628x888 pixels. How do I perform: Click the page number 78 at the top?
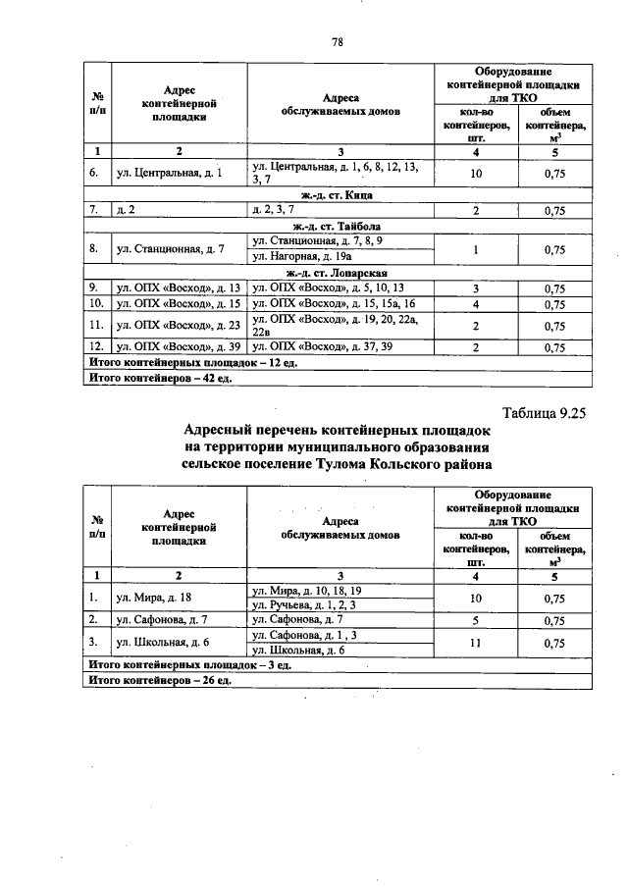click(337, 41)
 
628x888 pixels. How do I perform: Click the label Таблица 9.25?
click(543, 413)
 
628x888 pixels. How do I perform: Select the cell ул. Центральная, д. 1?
click(170, 174)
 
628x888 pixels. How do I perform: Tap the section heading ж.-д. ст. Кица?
click(337, 195)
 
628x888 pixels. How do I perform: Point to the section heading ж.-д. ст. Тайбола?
click(337, 227)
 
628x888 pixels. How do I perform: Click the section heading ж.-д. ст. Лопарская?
click(337, 273)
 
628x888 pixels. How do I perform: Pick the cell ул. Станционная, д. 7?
click(171, 249)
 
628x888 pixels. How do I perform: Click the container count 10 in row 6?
click(476, 174)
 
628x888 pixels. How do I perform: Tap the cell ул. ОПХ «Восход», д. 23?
click(178, 325)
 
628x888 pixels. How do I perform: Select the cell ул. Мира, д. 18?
click(154, 597)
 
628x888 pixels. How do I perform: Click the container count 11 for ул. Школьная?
click(476, 642)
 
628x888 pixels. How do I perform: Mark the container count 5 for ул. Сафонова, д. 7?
click(476, 619)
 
